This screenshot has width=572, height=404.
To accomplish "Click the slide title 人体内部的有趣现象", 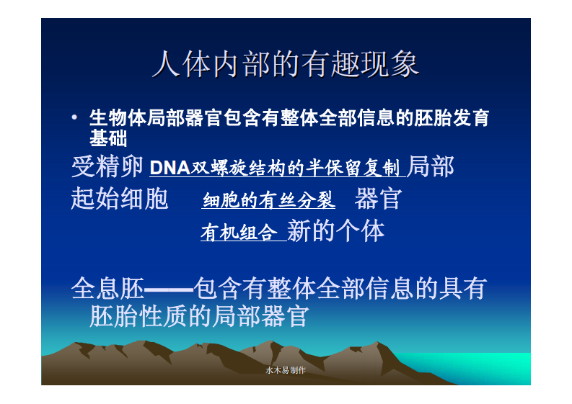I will coord(285,64).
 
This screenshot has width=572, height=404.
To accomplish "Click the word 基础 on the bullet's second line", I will coord(107,138).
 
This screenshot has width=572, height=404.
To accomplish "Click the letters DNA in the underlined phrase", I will coord(169,168).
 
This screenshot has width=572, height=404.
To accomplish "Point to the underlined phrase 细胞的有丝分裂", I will coord(268,201).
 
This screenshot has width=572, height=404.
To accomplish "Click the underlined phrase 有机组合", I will coord(239,233).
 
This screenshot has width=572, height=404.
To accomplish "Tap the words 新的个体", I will coord(335,231).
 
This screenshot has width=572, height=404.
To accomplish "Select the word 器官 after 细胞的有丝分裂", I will coord(378,199).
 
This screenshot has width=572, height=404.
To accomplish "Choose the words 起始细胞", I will coord(119,199).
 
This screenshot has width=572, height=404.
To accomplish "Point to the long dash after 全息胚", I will coord(168,290).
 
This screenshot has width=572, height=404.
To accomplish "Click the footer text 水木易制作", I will coord(285,370).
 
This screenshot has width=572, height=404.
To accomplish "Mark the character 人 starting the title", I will coord(164,64).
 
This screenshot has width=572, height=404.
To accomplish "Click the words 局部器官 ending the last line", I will coord(260,316).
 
